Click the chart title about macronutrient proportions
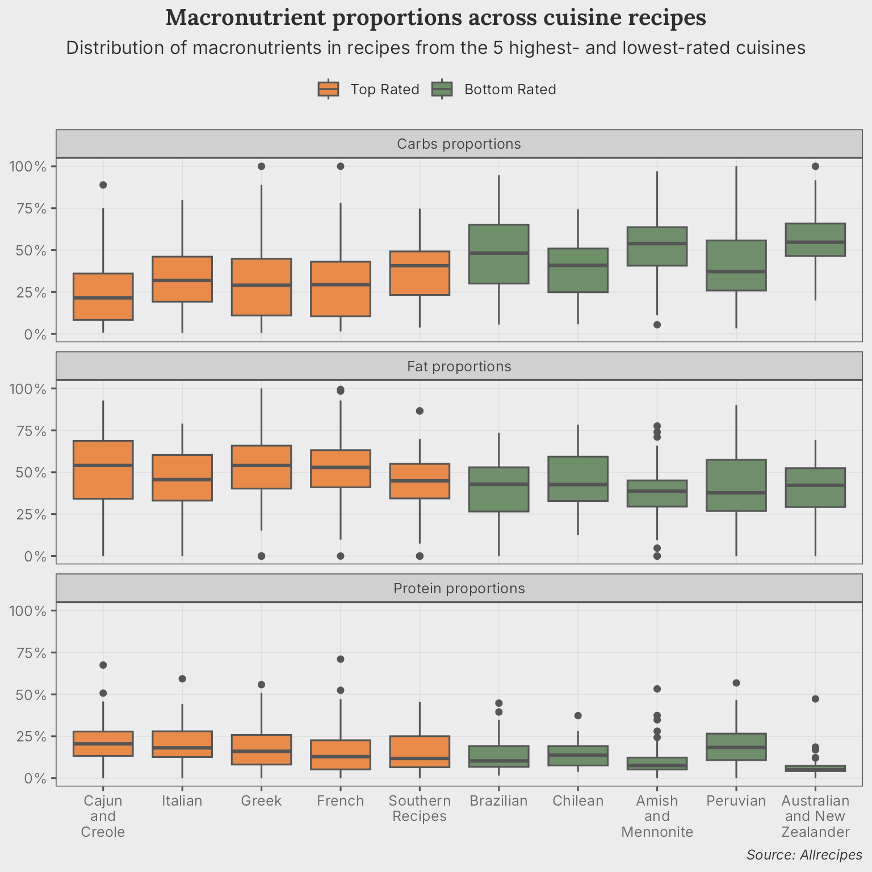[x=435, y=18]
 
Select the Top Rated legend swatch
[x=328, y=89]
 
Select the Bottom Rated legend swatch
[x=442, y=89]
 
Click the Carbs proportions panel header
[x=459, y=144]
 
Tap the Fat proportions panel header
[x=459, y=367]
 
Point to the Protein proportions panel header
[x=459, y=589]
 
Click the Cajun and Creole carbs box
[x=103, y=296]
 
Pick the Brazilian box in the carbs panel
[x=498, y=254]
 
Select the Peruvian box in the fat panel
[x=736, y=485]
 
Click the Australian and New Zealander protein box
[x=815, y=769]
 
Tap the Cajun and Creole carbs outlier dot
[x=103, y=185]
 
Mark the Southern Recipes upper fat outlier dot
[x=420, y=411]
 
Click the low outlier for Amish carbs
[x=657, y=325]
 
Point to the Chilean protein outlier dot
[x=578, y=716]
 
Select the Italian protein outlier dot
[x=182, y=679]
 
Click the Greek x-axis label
[x=261, y=801]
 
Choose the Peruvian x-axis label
[x=736, y=801]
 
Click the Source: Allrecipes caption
[x=804, y=855]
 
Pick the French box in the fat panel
[x=341, y=468]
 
